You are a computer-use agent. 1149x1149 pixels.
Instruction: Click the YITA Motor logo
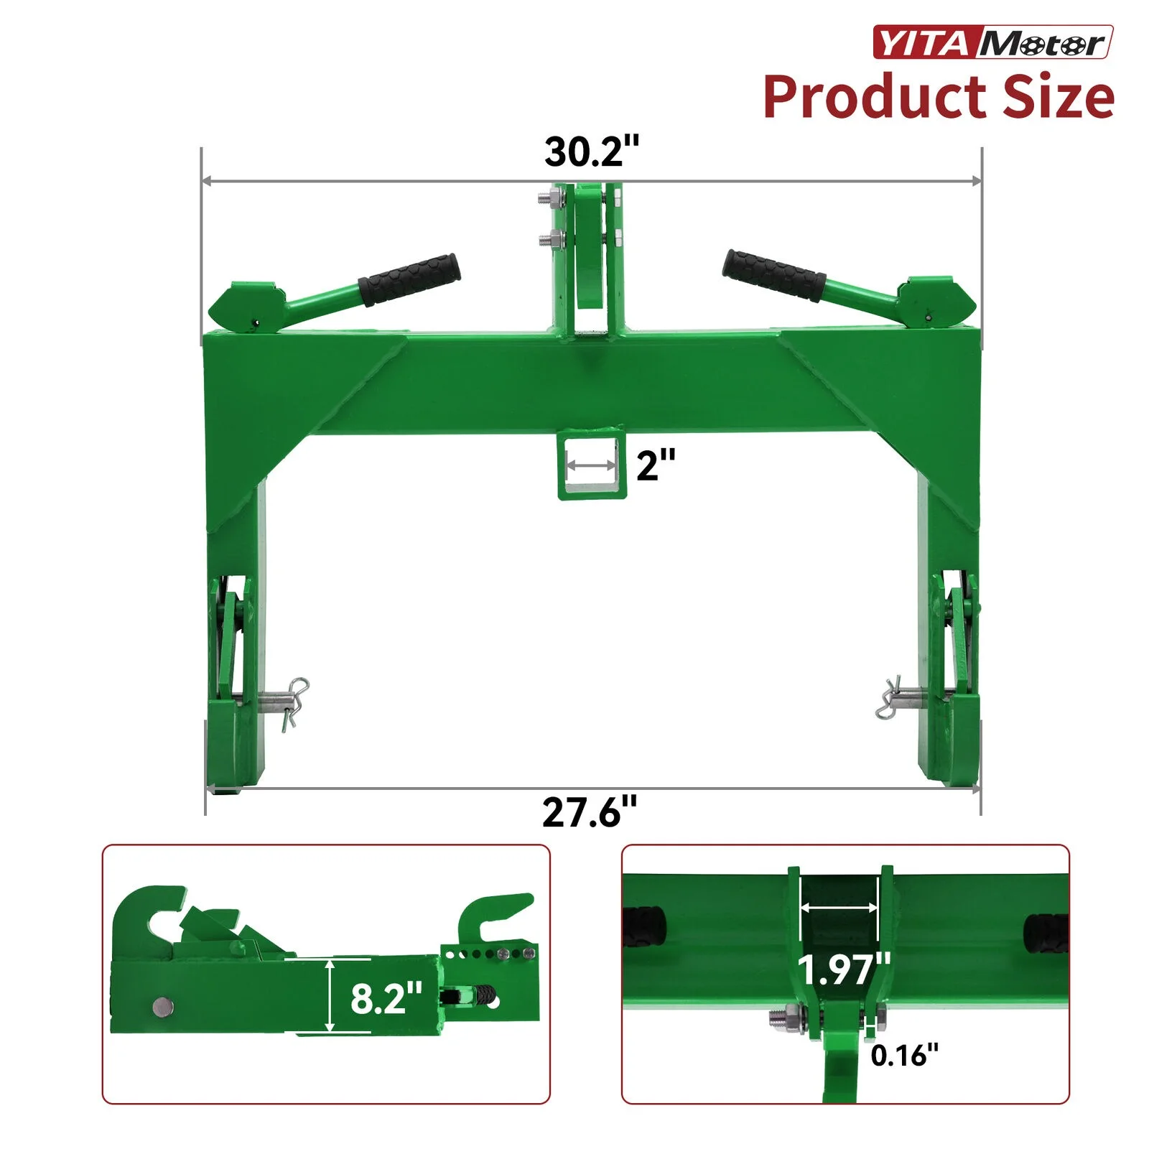tap(992, 42)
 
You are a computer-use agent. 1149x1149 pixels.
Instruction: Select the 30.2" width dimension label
tap(591, 152)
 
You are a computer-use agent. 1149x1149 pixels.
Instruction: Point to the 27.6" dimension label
tap(590, 812)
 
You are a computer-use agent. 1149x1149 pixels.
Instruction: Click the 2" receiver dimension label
tap(656, 465)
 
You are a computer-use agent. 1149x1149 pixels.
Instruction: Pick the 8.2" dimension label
tap(386, 997)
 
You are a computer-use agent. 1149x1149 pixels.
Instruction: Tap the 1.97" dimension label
tap(844, 969)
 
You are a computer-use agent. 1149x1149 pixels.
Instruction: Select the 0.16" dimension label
tap(904, 1055)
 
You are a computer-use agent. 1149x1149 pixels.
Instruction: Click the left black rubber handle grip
tap(409, 279)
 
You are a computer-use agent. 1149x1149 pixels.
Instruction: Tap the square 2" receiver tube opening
tap(592, 467)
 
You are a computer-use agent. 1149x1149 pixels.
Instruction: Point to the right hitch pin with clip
tap(901, 697)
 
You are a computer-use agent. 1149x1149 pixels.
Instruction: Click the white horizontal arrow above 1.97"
tap(839, 908)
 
